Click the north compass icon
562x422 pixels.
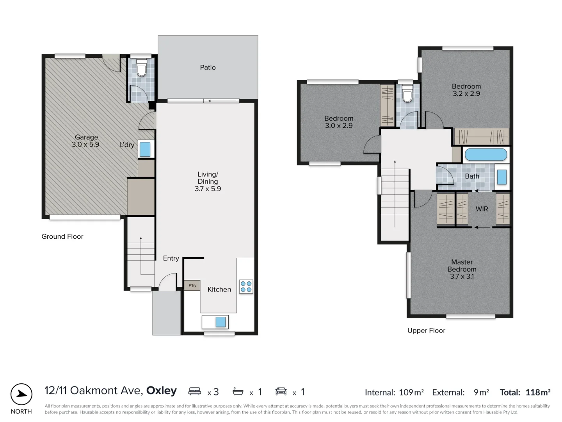coord(21,394)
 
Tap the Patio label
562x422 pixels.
coord(208,68)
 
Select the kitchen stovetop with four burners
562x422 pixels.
coord(246,286)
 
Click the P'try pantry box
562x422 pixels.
coord(192,285)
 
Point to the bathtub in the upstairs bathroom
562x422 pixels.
coord(486,154)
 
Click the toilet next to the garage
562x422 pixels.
coord(141,68)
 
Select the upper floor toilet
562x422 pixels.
coord(407,94)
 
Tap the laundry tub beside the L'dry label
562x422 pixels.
coord(145,149)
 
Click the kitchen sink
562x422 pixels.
coord(220,322)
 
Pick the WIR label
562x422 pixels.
coord(482,209)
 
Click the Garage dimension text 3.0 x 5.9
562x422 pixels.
coord(85,145)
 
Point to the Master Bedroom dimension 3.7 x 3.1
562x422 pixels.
coord(462,276)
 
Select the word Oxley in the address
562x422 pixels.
coord(161,391)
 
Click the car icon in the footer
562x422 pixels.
coord(281,391)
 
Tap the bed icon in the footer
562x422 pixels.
coord(194,391)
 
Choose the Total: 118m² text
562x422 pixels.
coord(525,392)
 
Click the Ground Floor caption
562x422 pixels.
coord(62,236)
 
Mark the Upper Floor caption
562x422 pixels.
coord(426,331)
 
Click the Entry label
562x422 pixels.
coord(171,258)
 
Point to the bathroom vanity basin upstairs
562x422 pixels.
coord(502,177)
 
